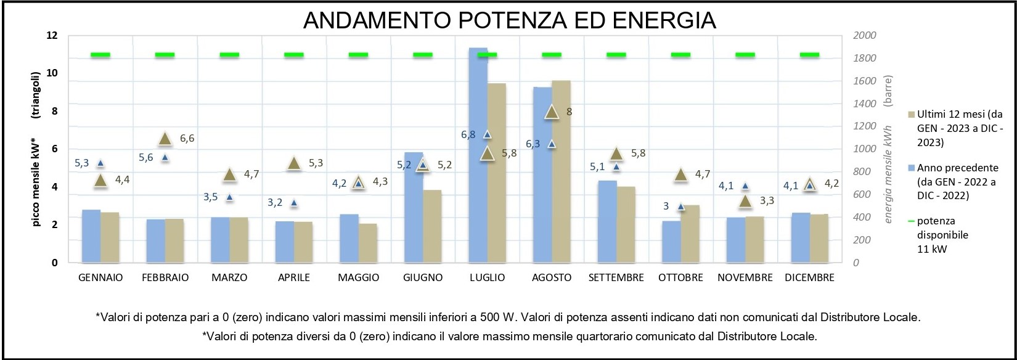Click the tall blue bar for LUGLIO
click(478, 154)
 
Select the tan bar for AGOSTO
click(561, 173)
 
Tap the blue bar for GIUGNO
click(413, 210)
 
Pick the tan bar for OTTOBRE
click(690, 234)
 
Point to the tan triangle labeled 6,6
click(165, 139)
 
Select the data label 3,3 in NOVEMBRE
click(767, 201)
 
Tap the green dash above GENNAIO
click(100, 55)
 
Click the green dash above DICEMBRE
click(809, 55)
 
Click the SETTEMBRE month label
click(616, 277)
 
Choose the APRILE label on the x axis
click(294, 277)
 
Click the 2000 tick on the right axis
click(864, 36)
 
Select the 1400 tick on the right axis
click(864, 104)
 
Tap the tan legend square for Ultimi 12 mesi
click(912, 115)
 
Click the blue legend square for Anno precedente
click(912, 168)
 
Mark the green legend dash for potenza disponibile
click(912, 221)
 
